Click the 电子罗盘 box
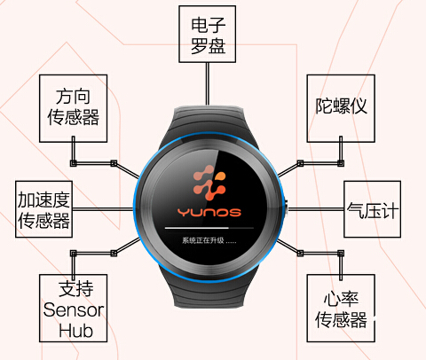pyautogui.click(x=207, y=34)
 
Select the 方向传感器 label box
pyautogui.click(x=74, y=108)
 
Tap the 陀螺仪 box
pyautogui.click(x=341, y=108)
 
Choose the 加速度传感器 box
pyautogui.click(x=43, y=209)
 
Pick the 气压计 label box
pyautogui.click(x=372, y=209)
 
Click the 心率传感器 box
pyautogui.click(x=341, y=309)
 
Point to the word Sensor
pyautogui.click(x=74, y=310)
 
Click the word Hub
pyautogui.click(x=75, y=331)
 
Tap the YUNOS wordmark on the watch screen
pyautogui.click(x=209, y=212)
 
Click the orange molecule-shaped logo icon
pyautogui.click(x=209, y=183)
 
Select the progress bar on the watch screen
pyautogui.click(x=209, y=228)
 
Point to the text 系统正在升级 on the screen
pyautogui.click(x=203, y=240)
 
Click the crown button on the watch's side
pyautogui.click(x=287, y=208)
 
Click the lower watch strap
pyautogui.click(x=209, y=291)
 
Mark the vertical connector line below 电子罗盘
pyautogui.click(x=208, y=83)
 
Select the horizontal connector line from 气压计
pyautogui.click(x=316, y=209)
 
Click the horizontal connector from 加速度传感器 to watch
pyautogui.click(x=103, y=209)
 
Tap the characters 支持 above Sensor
pyautogui.click(x=76, y=289)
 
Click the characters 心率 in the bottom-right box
pyautogui.click(x=341, y=299)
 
